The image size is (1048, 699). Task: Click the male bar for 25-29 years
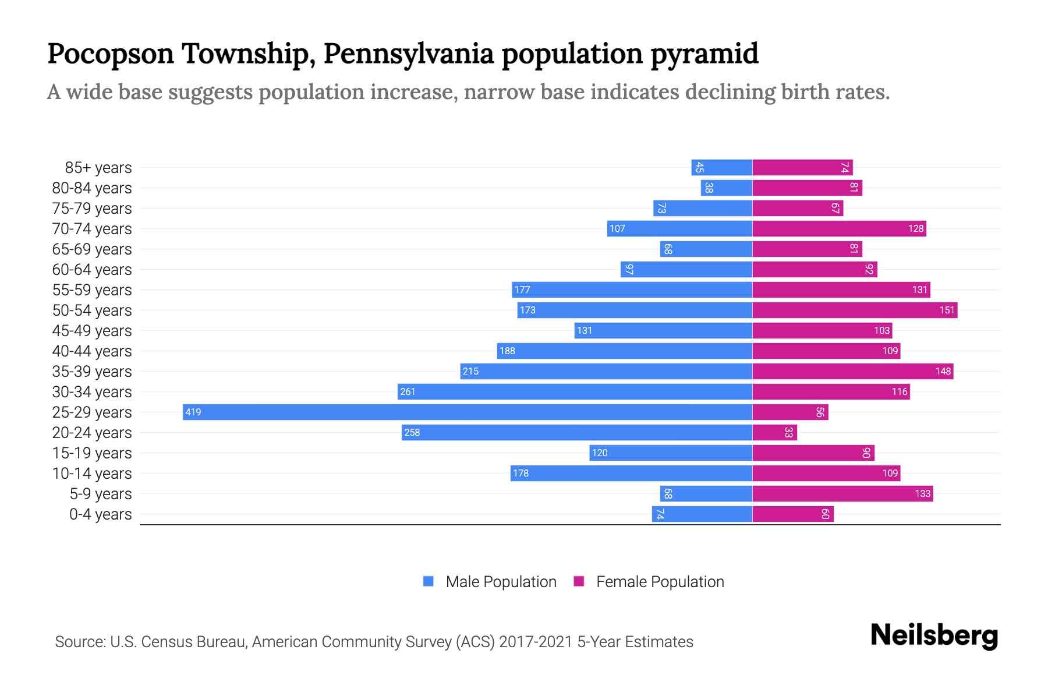tap(467, 412)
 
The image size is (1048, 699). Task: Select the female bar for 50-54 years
tap(855, 310)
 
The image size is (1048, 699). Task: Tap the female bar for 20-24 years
tap(774, 433)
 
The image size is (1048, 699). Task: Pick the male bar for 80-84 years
tap(727, 188)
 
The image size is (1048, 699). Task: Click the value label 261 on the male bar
tap(408, 392)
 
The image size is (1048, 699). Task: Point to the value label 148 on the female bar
tap(943, 372)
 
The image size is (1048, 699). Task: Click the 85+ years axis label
tap(98, 168)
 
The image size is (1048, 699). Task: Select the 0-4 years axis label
tap(100, 514)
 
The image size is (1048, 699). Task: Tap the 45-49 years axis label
tap(92, 331)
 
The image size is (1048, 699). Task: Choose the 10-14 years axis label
tap(92, 474)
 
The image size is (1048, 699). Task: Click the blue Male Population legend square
tap(429, 581)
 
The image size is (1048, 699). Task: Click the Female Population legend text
tap(660, 582)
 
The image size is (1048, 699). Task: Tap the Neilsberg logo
tap(934, 636)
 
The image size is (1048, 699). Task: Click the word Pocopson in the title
tap(111, 54)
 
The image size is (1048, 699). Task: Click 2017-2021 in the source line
tap(536, 642)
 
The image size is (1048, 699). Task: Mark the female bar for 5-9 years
tap(842, 494)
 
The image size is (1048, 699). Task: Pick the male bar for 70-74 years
tap(679, 229)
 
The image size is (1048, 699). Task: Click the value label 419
tap(193, 412)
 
